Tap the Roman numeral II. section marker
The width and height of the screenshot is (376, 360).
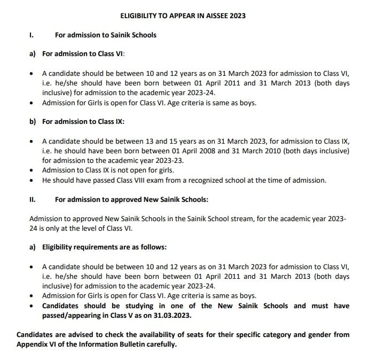point(33,199)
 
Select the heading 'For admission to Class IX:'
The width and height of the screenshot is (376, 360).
point(83,122)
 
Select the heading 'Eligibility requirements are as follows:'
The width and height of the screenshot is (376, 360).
point(105,247)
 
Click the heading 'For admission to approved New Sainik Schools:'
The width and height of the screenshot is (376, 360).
point(131,199)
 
